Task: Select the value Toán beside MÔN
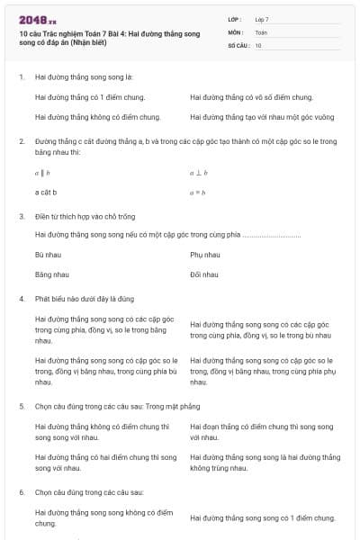[x=261, y=31]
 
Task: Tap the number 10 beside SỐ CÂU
[x=258, y=45]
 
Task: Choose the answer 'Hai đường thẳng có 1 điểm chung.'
[x=90, y=97]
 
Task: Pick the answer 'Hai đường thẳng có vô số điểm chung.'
[x=251, y=97]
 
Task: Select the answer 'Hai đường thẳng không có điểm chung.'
[x=97, y=117]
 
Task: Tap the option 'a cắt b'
[x=46, y=193]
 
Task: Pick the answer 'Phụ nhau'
[x=205, y=255]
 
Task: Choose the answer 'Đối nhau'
[x=204, y=274]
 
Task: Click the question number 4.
[x=21, y=297]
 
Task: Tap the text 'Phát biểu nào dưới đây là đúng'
[x=84, y=297]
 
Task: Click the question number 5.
[x=21, y=406]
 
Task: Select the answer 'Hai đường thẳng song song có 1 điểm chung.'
[x=263, y=517]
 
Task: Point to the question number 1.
[x=21, y=77]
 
